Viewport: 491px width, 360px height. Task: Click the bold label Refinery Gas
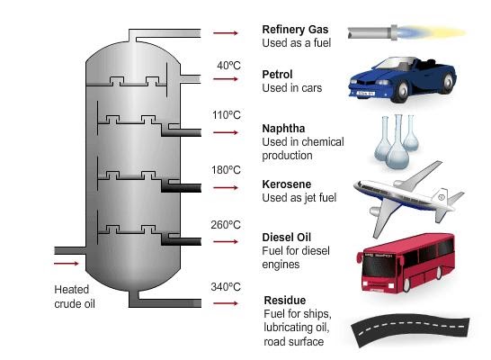295,28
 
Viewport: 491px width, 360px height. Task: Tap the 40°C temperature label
228,66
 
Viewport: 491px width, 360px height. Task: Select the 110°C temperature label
228,115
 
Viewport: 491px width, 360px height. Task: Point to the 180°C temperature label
228,169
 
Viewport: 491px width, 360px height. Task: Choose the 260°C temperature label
228,224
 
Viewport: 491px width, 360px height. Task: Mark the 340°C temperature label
228,287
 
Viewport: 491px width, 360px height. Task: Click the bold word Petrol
276,74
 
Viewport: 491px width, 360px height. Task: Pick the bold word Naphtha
283,129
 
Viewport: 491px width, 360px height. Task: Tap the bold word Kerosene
286,183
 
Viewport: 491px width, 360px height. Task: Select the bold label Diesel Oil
287,237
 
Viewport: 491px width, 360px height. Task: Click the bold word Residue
284,300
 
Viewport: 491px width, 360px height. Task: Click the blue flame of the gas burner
420,32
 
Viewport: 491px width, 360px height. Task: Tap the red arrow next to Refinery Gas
226,33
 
